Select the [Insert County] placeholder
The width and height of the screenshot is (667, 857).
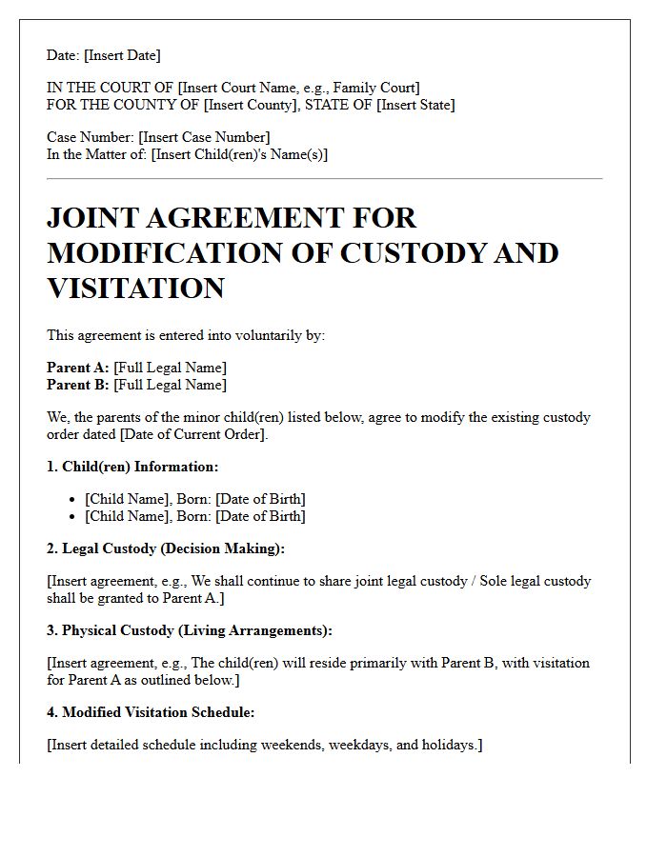pos(250,105)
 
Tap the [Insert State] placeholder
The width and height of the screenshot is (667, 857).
pos(415,105)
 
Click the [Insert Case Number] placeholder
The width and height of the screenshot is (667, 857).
pos(204,137)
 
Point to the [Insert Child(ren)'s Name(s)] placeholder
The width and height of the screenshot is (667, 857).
pos(239,154)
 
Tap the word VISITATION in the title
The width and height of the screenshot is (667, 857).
pos(135,288)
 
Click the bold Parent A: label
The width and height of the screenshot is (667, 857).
pos(78,368)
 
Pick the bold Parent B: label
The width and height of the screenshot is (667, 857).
pos(78,385)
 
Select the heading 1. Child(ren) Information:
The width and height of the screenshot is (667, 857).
pos(132,467)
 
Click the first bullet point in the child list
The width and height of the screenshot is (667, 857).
pos(73,500)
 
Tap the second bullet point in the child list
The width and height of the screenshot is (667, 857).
pos(73,517)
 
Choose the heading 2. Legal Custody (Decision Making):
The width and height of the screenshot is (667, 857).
pos(166,548)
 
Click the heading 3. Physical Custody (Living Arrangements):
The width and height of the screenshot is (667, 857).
pos(190,630)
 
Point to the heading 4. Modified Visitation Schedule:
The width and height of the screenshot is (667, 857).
pos(151,712)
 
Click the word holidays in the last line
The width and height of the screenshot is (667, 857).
pos(449,745)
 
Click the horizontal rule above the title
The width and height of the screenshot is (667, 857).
pos(324,178)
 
